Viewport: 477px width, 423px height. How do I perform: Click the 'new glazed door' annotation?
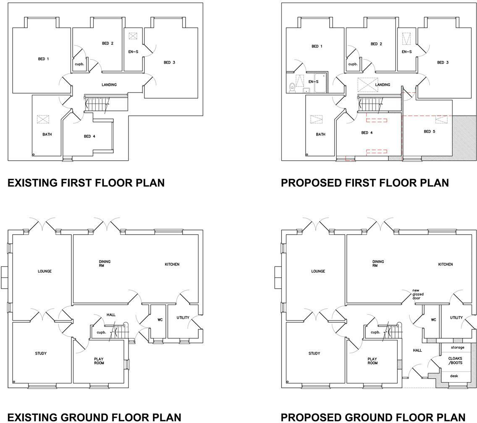pyautogui.click(x=418, y=294)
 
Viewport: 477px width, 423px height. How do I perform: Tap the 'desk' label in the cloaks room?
pyautogui.click(x=454, y=376)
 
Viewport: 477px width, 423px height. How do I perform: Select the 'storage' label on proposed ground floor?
pyautogui.click(x=457, y=347)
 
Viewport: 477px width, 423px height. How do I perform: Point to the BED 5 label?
pyautogui.click(x=430, y=131)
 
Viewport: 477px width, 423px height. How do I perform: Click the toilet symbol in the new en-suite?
pyautogui.click(x=292, y=87)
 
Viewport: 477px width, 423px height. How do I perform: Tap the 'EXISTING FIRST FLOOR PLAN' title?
pyautogui.click(x=86, y=183)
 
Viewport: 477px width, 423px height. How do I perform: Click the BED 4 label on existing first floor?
pyautogui.click(x=90, y=136)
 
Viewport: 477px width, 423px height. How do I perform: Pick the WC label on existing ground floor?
pyautogui.click(x=160, y=320)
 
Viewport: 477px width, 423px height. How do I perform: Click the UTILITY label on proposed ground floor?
pyautogui.click(x=456, y=318)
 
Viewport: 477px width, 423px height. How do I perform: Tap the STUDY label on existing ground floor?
pyautogui.click(x=41, y=353)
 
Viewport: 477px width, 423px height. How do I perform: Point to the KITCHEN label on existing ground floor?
pyautogui.click(x=172, y=264)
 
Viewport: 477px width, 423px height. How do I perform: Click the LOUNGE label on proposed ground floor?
pyautogui.click(x=318, y=271)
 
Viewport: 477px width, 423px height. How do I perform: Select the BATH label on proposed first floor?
pyautogui.click(x=320, y=134)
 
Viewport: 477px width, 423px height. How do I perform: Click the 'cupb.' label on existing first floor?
pyautogui.click(x=79, y=64)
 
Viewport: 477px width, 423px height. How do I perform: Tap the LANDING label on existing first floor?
pyautogui.click(x=109, y=85)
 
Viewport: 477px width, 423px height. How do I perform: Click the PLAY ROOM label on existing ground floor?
pyautogui.click(x=99, y=361)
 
